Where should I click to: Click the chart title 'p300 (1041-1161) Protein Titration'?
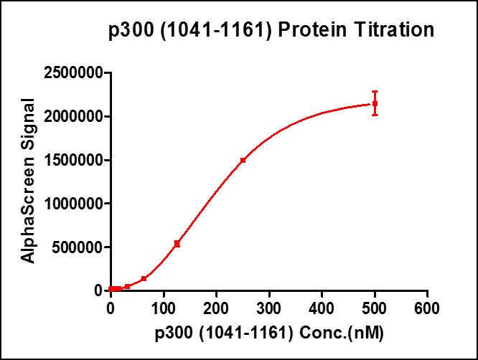pos(271,31)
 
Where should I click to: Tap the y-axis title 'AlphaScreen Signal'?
pos(28,182)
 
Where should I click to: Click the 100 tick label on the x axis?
pos(164,307)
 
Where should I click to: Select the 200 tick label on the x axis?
pos(216,307)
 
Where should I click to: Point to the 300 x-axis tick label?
pos(269,307)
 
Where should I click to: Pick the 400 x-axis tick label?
pos(322,307)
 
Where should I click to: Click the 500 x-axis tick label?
pos(375,307)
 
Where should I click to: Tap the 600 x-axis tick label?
pos(427,307)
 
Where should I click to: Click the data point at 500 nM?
pos(375,104)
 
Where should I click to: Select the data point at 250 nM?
pos(243,160)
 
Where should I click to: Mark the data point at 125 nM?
pos(177,244)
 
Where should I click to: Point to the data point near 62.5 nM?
pos(144,278)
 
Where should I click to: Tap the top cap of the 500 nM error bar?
pos(375,92)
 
